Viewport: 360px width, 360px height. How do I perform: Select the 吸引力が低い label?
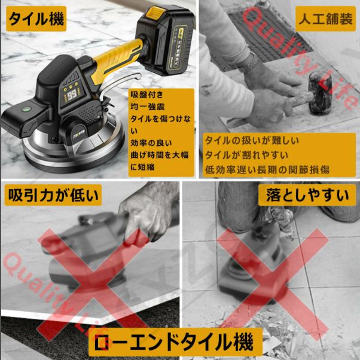[51, 194]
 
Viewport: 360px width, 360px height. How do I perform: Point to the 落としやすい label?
[307, 194]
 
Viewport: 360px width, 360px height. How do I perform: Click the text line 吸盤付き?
[147, 95]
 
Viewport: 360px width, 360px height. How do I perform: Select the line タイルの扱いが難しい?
[252, 141]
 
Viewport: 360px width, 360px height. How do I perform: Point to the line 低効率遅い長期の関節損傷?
[267, 169]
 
